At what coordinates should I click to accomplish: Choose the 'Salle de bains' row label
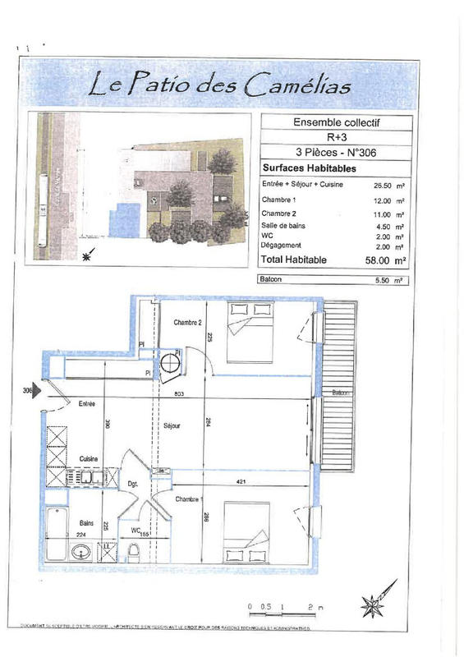click(x=281, y=226)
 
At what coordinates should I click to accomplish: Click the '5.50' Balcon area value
click(x=377, y=281)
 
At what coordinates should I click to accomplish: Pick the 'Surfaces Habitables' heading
click(x=301, y=166)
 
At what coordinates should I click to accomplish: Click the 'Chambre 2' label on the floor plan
click(x=187, y=322)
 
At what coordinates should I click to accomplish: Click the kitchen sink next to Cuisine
click(x=86, y=476)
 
